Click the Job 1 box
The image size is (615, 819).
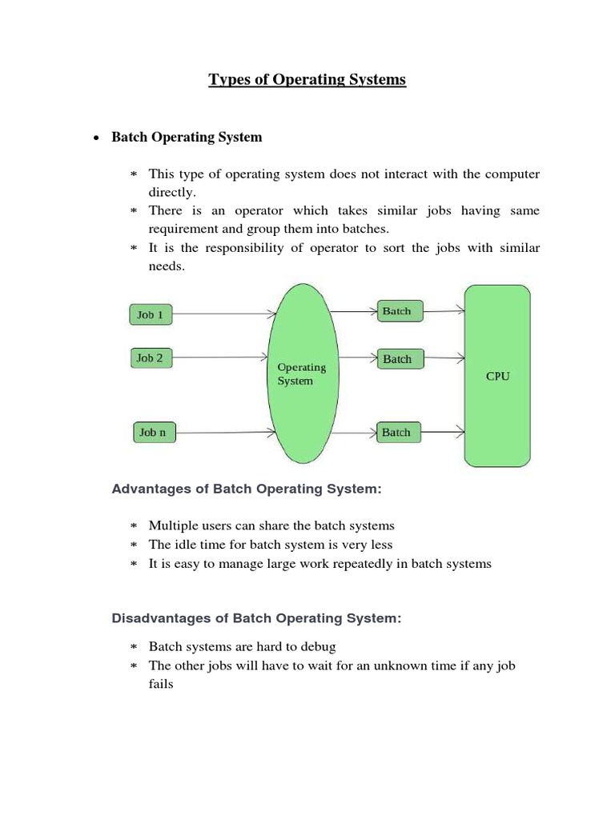(x=150, y=314)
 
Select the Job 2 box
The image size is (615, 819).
(x=150, y=358)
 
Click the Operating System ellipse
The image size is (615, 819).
(x=300, y=374)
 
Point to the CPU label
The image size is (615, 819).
(x=497, y=376)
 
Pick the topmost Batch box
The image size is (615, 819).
(x=398, y=311)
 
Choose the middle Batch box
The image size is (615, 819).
(x=398, y=359)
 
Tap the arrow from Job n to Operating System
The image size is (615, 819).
(x=227, y=433)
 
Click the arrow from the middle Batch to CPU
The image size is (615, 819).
(x=444, y=359)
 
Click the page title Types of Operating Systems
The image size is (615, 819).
(x=307, y=79)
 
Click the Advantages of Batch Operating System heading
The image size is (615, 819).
(x=247, y=489)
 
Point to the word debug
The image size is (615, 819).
(x=319, y=646)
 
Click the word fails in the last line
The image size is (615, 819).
(x=161, y=685)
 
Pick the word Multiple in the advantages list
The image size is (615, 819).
(x=172, y=525)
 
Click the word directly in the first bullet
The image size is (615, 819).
(x=171, y=193)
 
